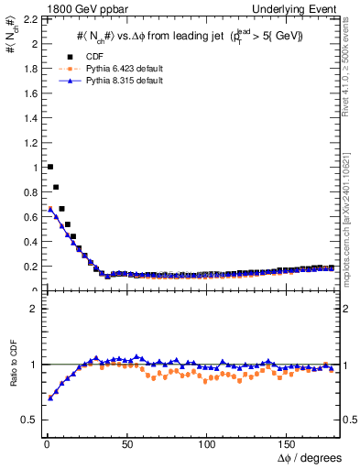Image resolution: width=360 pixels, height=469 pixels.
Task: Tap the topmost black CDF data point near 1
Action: tap(49, 167)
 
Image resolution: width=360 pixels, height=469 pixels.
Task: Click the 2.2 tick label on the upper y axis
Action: tap(30, 19)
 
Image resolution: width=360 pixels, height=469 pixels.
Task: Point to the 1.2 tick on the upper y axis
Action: tap(30, 143)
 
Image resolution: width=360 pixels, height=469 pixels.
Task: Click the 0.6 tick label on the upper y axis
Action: tap(30, 217)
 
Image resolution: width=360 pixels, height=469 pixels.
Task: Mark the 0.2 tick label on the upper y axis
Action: tap(30, 267)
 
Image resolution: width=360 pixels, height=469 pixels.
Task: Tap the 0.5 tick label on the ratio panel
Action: tap(30, 420)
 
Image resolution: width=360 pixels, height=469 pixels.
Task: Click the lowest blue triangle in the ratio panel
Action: tap(49, 398)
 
